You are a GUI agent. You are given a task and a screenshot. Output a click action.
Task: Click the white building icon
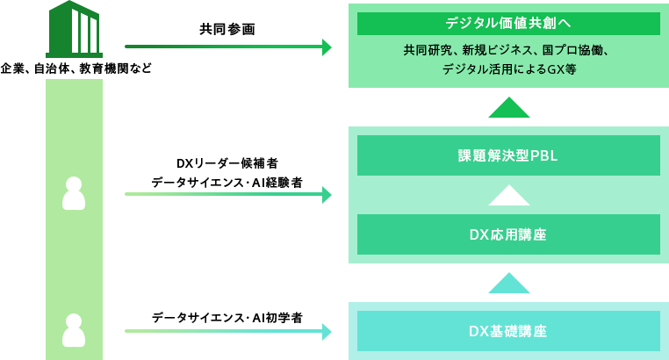83,32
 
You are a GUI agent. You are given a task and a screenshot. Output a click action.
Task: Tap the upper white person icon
74,193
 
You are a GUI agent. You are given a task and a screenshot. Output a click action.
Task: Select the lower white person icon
74,330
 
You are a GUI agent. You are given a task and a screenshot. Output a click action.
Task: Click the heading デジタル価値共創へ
508,24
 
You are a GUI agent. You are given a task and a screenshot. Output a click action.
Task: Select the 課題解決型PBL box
508,155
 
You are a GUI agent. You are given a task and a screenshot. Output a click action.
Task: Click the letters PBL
543,155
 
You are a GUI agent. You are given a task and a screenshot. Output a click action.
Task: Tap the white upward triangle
508,196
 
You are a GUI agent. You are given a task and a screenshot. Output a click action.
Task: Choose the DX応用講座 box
508,234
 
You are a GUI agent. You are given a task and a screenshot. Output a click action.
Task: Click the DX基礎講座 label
508,331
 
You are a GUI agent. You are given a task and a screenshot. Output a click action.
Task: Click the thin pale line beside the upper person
224,193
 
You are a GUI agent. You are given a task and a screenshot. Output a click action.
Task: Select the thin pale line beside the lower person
224,331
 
